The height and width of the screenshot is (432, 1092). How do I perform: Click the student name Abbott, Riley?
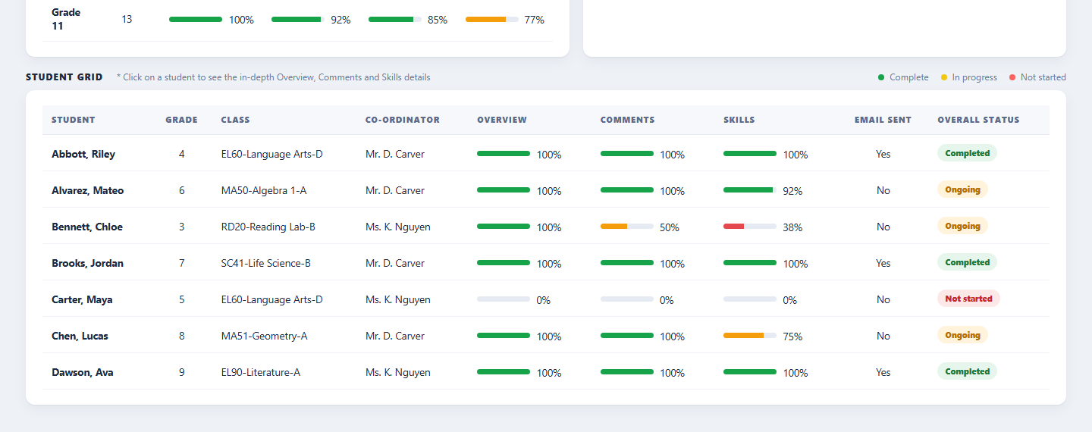pos(83,154)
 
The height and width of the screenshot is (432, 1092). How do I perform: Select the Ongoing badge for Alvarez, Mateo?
pos(962,189)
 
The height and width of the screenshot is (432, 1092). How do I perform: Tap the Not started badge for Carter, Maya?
pos(968,299)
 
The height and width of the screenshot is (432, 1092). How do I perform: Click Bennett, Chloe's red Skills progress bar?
pos(749,226)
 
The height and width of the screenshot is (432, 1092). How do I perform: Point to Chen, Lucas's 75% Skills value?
pos(792,337)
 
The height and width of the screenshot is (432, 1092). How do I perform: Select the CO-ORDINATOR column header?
pos(402,120)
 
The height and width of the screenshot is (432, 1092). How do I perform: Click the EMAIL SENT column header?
pos(883,120)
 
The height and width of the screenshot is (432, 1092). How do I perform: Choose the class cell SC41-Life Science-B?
pos(265,263)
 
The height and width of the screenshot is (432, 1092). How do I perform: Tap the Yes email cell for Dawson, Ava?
pos(883,373)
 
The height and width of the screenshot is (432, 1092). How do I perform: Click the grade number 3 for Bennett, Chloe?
pos(182,227)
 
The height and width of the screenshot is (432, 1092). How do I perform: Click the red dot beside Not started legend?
pos(1012,77)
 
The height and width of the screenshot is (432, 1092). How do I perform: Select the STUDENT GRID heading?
pos(64,77)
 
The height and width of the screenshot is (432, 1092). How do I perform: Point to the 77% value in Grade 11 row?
pos(534,20)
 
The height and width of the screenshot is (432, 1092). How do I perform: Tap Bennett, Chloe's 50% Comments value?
pos(669,227)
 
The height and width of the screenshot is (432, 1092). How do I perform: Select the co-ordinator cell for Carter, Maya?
pos(398,299)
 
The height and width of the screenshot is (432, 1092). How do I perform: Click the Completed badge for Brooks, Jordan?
pos(967,262)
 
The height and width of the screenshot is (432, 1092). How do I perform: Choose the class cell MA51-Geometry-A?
pos(264,336)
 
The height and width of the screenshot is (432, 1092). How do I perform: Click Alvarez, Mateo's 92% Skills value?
pos(792,191)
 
